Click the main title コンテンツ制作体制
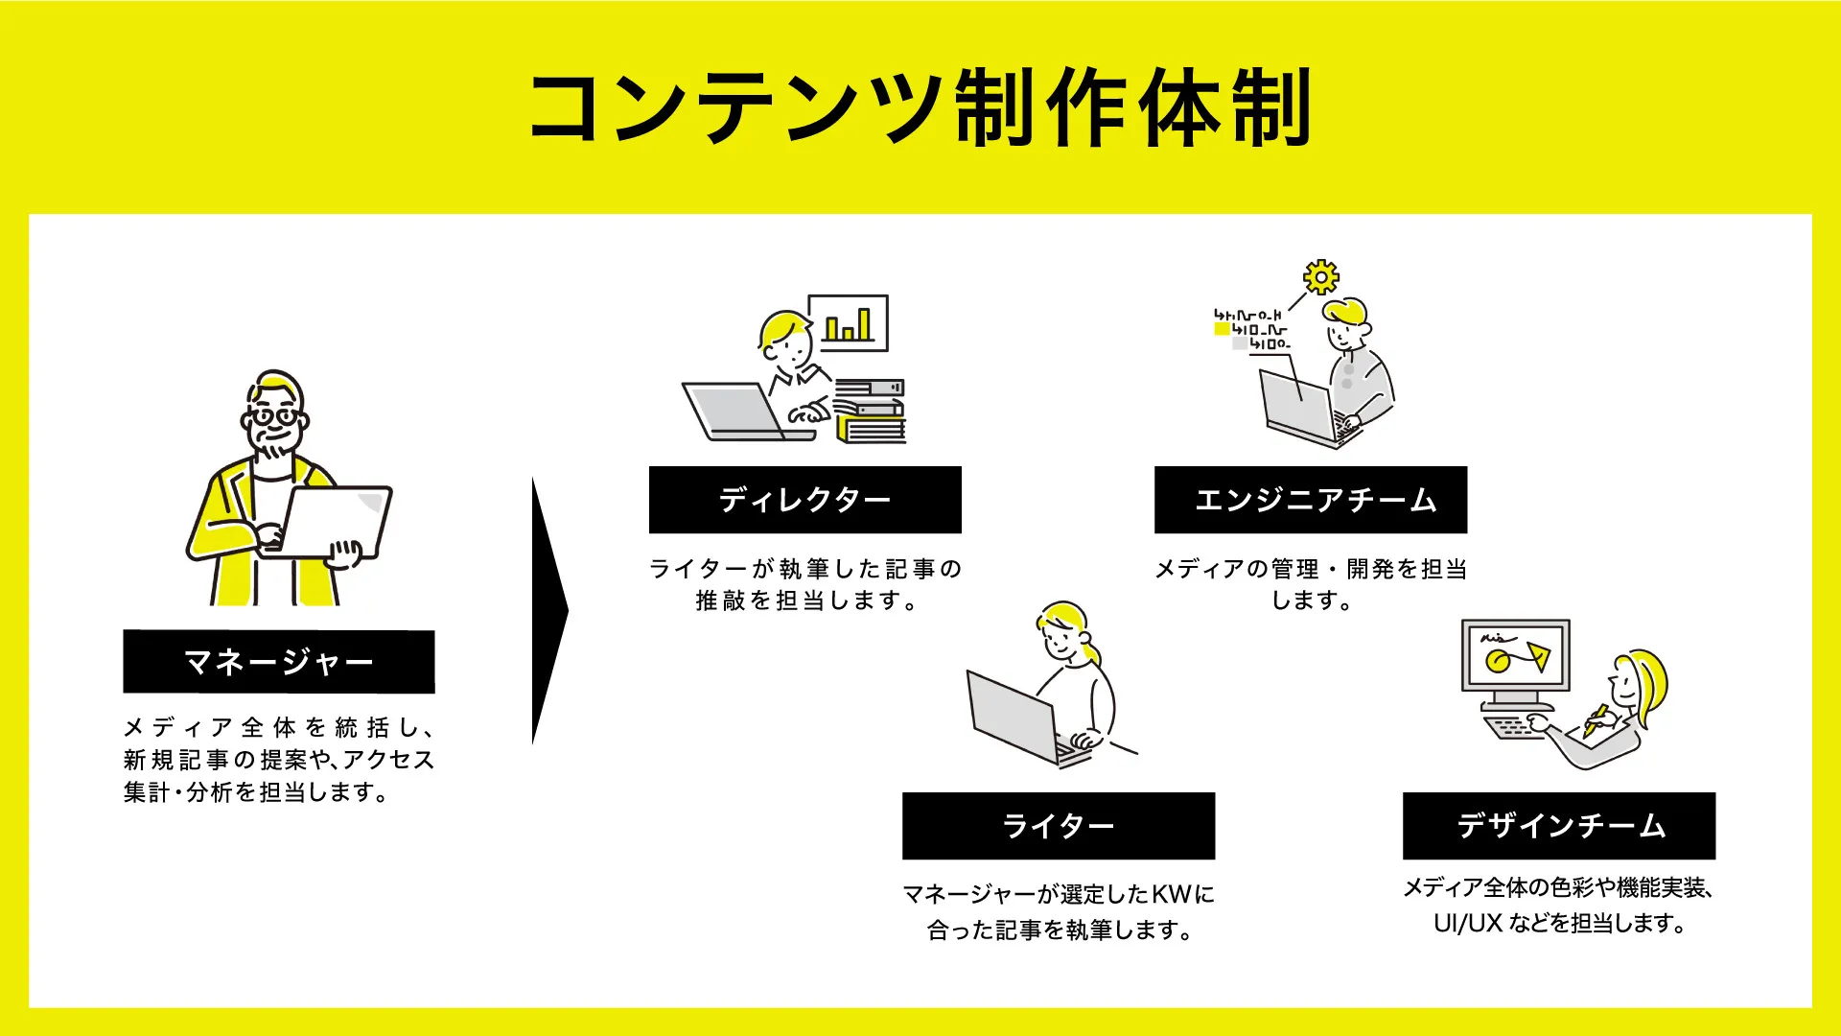tap(920, 106)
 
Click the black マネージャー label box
tap(279, 662)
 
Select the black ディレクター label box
tap(804, 500)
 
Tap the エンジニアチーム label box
tap(1311, 500)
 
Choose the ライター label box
tap(1059, 826)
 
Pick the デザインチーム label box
tap(1559, 826)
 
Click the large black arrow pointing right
tap(549, 611)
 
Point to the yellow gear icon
tap(1321, 277)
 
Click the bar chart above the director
tap(849, 323)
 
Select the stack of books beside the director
tap(870, 412)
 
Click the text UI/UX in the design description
tap(1467, 924)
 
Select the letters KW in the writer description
tap(1171, 895)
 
